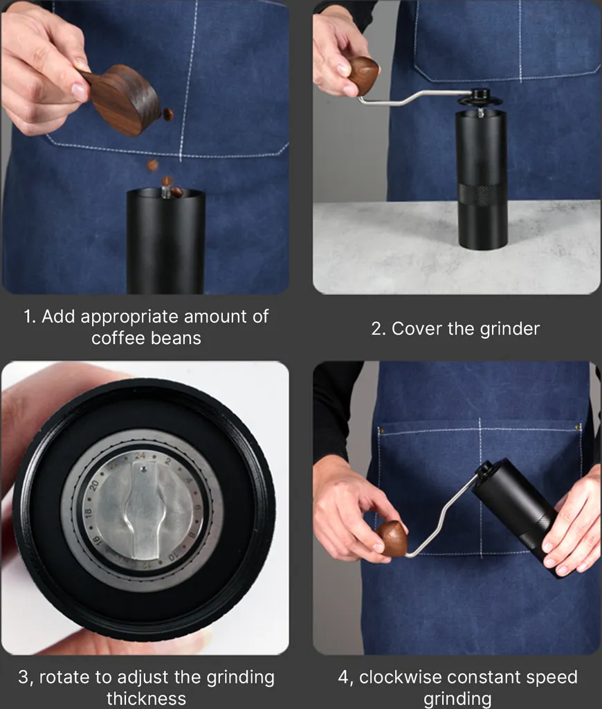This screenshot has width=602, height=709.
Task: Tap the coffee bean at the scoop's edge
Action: (x=168, y=114)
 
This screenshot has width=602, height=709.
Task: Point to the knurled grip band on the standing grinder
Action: (x=482, y=195)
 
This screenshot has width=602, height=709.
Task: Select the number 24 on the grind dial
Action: (x=140, y=456)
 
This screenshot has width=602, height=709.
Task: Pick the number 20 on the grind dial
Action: (x=94, y=485)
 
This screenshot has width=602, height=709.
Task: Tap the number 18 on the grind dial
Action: (x=88, y=513)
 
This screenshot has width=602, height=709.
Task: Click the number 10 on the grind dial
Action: (x=174, y=556)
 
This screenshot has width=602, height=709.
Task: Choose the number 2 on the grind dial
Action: (x=167, y=461)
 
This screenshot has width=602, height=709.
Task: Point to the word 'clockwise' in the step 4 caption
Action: (x=401, y=677)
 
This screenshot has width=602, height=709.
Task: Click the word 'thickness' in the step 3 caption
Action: (x=146, y=699)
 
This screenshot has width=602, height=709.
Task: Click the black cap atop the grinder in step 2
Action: (x=480, y=96)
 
